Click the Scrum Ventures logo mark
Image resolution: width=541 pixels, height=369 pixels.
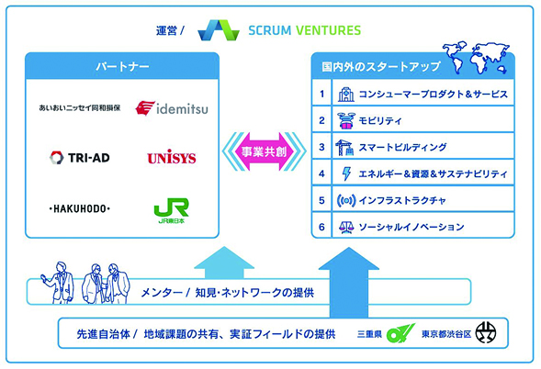219,30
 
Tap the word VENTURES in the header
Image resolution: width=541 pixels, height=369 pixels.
328,30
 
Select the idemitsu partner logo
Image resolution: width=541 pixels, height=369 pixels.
172,108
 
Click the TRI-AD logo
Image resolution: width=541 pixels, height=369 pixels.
80,158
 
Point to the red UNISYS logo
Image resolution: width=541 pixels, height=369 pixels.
172,157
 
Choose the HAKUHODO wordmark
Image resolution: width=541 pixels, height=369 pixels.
79,208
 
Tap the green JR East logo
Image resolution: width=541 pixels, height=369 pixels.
171,210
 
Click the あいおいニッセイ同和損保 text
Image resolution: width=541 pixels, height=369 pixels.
80,108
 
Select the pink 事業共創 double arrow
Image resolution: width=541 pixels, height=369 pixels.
264,151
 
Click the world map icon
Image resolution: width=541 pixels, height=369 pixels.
476,58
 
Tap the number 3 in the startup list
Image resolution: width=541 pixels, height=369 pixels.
321,147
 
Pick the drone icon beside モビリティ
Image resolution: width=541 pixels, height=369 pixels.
346,120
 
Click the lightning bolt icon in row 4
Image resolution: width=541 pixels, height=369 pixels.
346,173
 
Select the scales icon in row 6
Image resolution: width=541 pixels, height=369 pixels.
346,227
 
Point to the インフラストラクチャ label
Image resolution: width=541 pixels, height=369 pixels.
402,200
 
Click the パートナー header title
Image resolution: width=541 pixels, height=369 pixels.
122,66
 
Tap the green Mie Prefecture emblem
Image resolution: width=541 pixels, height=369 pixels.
400,333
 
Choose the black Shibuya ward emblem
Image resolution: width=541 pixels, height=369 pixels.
486,333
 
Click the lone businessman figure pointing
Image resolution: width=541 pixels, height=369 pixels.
58,283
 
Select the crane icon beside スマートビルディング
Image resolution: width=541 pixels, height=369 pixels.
344,147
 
